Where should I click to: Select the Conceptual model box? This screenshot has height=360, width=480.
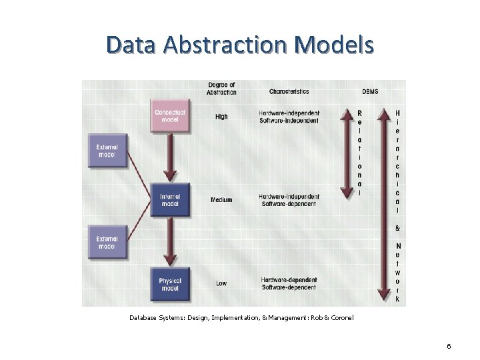pos(170,116)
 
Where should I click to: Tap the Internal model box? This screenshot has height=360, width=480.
pos(170,200)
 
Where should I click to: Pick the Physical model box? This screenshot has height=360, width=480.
pos(170,284)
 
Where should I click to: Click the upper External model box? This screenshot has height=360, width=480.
pos(107,150)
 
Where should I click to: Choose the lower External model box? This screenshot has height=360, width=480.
pos(107,242)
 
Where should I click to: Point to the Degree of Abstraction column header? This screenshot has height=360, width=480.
pos(221,88)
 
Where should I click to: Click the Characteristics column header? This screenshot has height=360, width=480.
pos(289,91)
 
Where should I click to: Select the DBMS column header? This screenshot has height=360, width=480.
pos(370,91)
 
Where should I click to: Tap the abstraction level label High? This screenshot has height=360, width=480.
pos(221,117)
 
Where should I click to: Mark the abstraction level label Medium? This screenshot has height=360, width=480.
pos(221,200)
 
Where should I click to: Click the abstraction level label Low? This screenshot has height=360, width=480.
pos(221,283)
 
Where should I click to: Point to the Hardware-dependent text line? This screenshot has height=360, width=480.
pos(289,279)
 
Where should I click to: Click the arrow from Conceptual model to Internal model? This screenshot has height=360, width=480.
pos(171,157)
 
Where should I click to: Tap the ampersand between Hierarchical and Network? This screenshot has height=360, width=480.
pos(397,228)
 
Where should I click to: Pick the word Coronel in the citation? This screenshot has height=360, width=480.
pos(341,317)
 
